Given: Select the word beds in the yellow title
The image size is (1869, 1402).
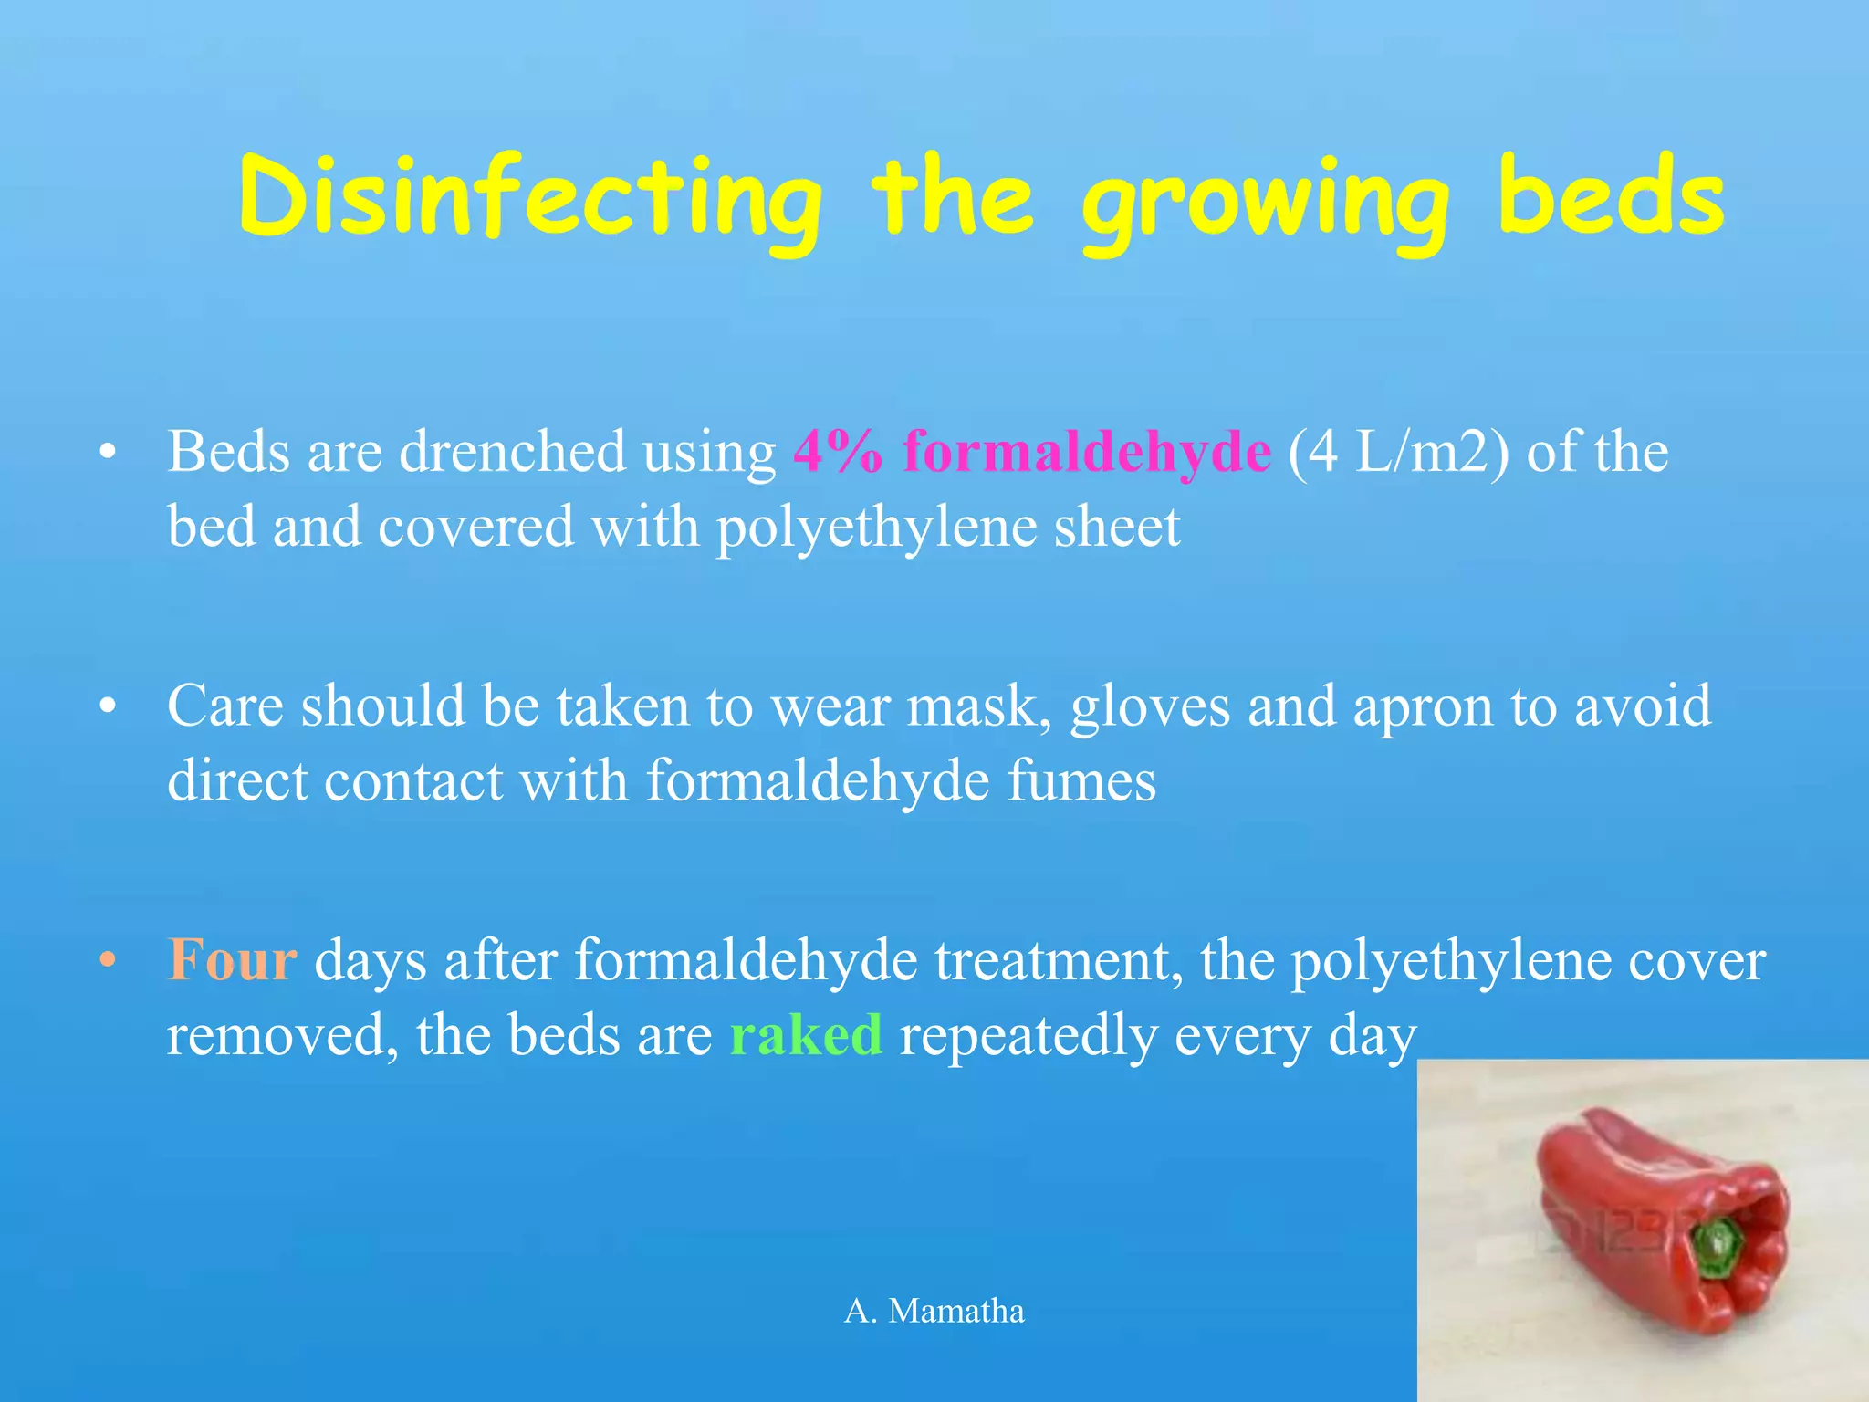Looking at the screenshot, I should click(1611, 195).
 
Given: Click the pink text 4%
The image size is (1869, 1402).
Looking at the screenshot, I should click(838, 452).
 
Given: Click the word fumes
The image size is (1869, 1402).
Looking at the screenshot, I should click(1081, 782).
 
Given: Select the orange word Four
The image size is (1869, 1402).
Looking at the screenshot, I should click(233, 961).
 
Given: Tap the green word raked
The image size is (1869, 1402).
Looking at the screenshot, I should click(805, 1036).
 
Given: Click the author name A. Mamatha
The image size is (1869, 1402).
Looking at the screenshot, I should click(934, 1312).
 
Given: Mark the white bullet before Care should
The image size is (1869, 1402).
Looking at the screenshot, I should click(109, 706).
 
